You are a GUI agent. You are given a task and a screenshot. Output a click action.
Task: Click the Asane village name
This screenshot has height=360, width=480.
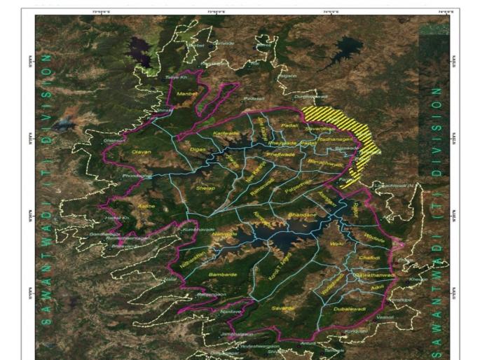(x=146, y=207)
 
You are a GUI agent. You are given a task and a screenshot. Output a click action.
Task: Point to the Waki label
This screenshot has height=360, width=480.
(x=338, y=244)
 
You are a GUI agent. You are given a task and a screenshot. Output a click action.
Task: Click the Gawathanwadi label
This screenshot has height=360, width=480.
(x=376, y=275)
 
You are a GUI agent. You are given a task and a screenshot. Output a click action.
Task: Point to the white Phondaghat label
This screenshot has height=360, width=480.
(x=137, y=175)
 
